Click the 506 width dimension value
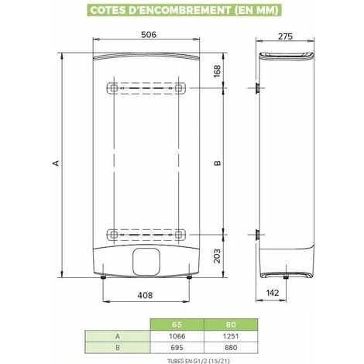point(149,35)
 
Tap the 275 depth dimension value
point(285,36)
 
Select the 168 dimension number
point(217,71)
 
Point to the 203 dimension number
point(217,256)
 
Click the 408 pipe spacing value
point(145,295)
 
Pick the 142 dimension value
point(273,293)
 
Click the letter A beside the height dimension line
point(56,163)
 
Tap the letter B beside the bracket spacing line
point(218,163)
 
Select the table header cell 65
point(177,325)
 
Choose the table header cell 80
point(231,325)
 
